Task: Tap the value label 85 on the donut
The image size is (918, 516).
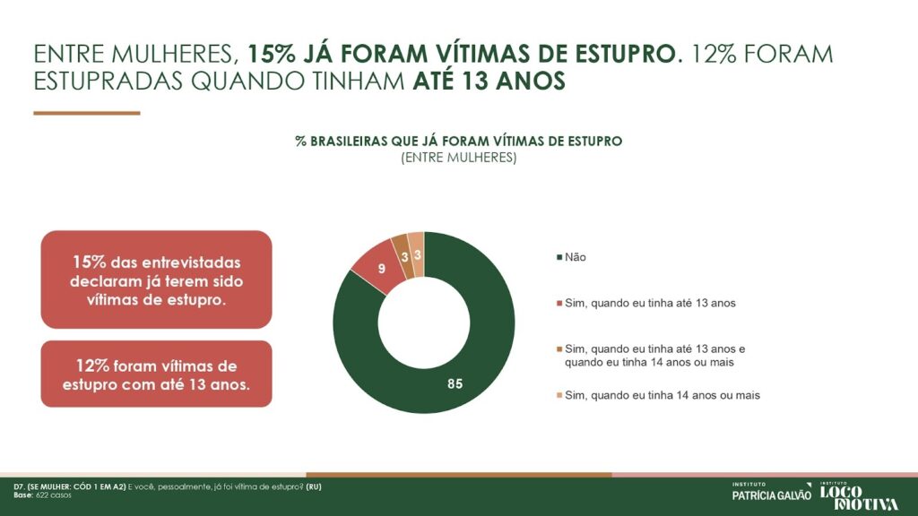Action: (455, 384)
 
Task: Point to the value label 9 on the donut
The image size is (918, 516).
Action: (381, 268)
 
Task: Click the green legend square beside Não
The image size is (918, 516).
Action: (560, 258)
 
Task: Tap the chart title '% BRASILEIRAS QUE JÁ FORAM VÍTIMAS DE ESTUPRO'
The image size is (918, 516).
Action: (458, 142)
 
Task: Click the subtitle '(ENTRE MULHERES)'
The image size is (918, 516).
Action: (458, 157)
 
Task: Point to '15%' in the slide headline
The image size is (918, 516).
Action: (273, 53)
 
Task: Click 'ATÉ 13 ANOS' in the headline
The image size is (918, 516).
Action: (489, 81)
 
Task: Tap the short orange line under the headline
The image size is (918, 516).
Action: (87, 113)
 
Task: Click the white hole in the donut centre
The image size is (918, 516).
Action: (423, 322)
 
